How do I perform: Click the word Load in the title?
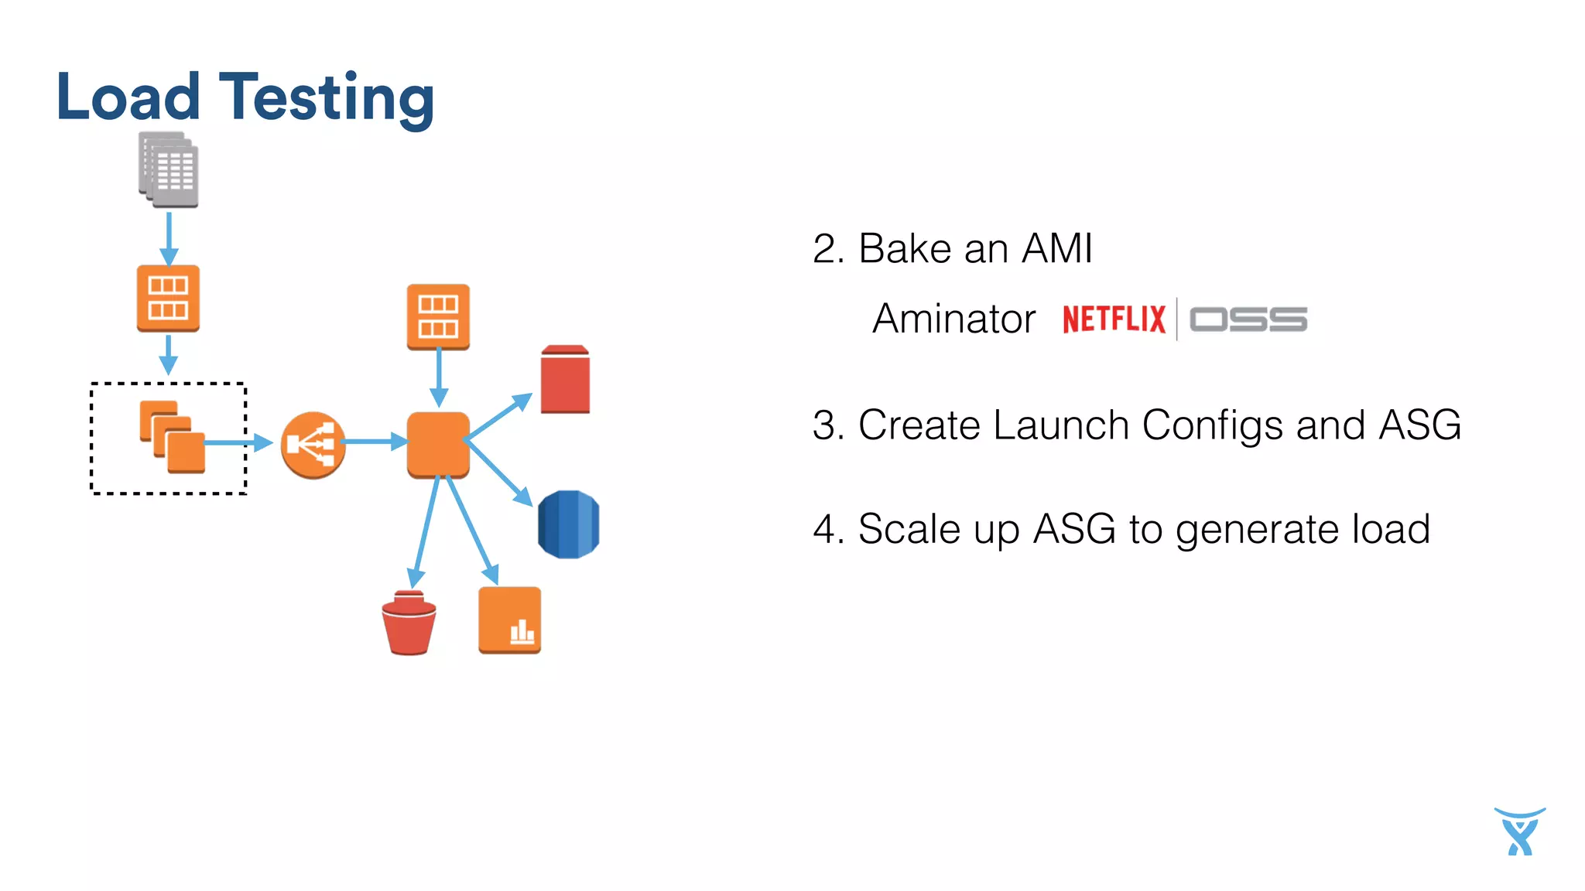point(128,97)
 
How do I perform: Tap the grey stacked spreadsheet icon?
point(169,170)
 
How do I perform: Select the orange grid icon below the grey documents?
point(168,299)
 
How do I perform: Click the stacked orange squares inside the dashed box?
point(172,437)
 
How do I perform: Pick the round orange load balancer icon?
point(313,445)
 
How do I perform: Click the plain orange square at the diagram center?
point(438,444)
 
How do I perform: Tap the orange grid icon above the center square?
point(438,316)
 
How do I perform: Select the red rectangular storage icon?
point(565,380)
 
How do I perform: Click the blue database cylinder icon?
point(568,524)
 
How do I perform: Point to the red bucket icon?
point(409,623)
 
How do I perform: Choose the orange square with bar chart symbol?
point(509,620)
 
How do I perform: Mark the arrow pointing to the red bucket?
point(425,534)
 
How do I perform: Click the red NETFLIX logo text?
point(1114,319)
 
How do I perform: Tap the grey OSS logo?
point(1248,319)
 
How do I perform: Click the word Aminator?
point(953,319)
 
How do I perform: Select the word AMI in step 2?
point(1056,249)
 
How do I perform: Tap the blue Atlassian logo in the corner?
point(1519,832)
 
